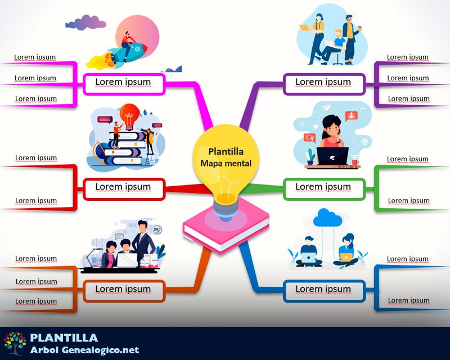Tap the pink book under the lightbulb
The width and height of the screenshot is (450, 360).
click(225, 231)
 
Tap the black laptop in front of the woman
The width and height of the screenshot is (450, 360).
click(333, 156)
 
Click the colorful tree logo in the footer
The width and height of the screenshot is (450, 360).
click(15, 343)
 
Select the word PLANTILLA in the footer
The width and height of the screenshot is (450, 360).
click(64, 337)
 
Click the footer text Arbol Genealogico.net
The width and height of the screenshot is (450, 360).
click(84, 350)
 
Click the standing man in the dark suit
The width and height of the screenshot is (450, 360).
click(143, 239)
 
